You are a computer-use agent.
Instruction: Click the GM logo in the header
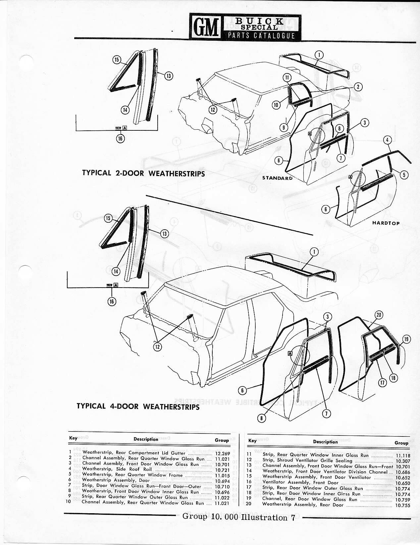[x=205, y=26]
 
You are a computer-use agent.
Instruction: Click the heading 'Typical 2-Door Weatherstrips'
[x=143, y=173]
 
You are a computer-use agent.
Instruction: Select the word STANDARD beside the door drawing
[x=277, y=178]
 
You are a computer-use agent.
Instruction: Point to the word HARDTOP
[x=386, y=223]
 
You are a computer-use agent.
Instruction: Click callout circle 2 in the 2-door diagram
[x=358, y=87]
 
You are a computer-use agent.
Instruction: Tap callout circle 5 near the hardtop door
[x=404, y=175]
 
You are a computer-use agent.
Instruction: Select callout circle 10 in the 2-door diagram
[x=276, y=105]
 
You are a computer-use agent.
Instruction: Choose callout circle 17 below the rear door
[x=383, y=383]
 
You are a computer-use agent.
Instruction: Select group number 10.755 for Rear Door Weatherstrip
[x=402, y=505]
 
